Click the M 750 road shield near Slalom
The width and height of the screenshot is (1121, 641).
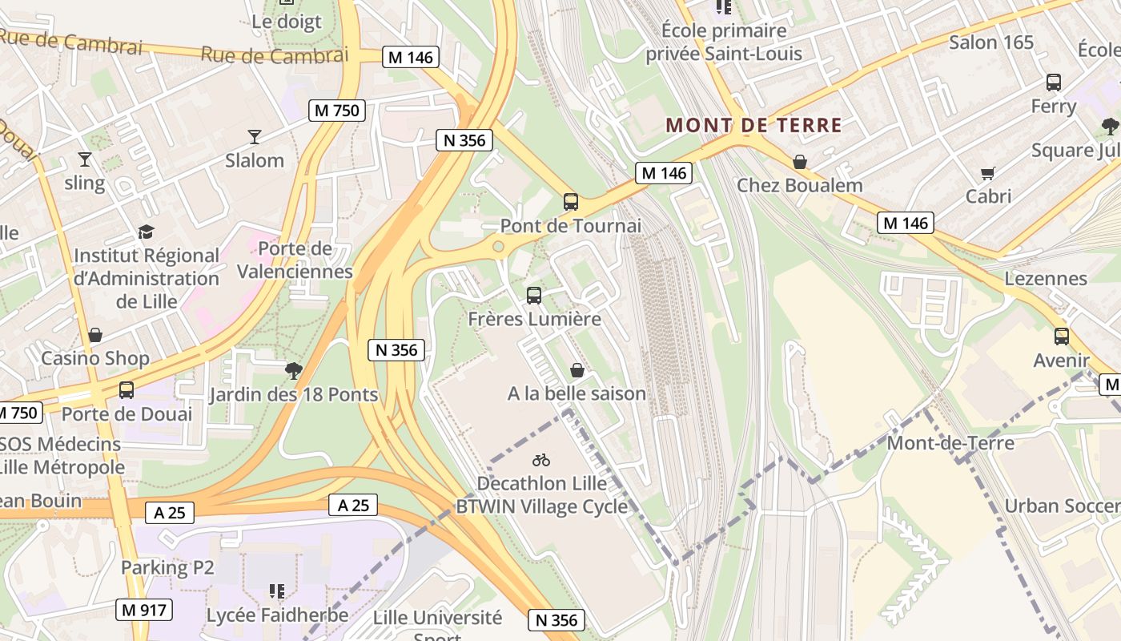coord(337,111)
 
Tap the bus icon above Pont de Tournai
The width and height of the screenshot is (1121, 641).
coord(571,201)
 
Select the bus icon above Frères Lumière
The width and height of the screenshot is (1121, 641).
coord(534,295)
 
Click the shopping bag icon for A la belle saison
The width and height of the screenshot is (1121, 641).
coord(577,370)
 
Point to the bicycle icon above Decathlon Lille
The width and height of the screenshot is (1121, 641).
coord(541,460)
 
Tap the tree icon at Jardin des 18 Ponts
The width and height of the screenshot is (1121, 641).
coord(294,370)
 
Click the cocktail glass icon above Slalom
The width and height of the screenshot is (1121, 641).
coord(255,136)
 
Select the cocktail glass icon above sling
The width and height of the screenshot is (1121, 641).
coord(84,159)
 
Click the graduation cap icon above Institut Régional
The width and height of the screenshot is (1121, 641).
coord(146,232)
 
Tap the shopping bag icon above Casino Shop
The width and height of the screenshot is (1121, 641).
coord(95,334)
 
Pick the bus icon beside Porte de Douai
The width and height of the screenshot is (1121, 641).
coord(127,390)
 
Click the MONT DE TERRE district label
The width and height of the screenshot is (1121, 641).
coord(754,125)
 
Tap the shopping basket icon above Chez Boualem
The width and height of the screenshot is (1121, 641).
coord(799,162)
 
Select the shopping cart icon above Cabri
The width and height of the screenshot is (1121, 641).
coord(988,172)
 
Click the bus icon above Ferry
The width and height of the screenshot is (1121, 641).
coord(1054,82)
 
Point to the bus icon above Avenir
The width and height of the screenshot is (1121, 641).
coord(1062,337)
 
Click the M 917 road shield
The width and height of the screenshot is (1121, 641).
coord(145,610)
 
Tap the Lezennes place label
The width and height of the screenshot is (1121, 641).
coord(1046,278)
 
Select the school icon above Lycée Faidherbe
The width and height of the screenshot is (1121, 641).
coord(277,591)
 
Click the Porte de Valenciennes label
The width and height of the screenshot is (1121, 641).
coord(295,260)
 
